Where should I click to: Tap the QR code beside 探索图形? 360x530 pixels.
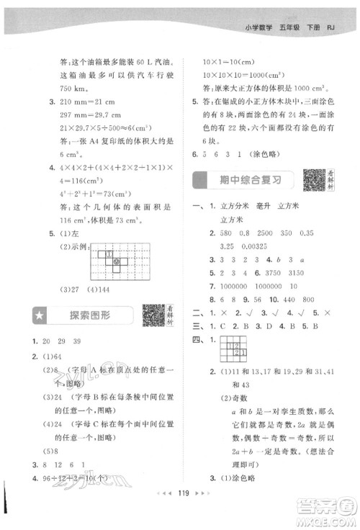click(x=153, y=315)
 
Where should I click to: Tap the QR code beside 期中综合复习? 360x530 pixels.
click(x=314, y=179)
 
